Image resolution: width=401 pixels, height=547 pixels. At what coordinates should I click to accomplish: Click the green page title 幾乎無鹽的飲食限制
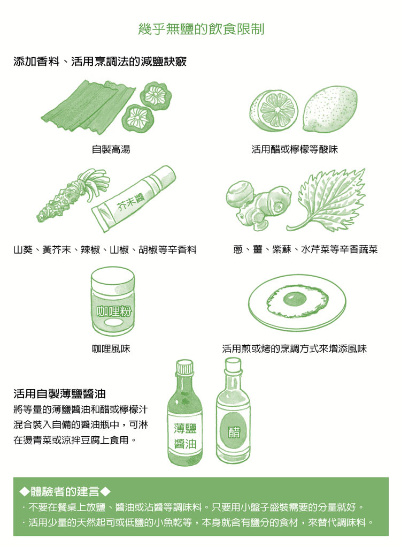[201, 29]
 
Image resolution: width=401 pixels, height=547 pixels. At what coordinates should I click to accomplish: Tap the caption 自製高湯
[111, 150]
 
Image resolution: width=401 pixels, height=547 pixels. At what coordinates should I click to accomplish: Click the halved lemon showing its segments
[274, 110]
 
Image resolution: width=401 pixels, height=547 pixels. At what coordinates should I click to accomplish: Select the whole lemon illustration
[330, 109]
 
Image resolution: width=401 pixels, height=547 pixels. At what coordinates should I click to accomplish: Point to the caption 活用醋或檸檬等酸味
[295, 150]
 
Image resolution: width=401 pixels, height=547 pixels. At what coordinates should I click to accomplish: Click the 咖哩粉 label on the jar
[113, 311]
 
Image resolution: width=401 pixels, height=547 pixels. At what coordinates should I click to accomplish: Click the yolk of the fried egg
[295, 299]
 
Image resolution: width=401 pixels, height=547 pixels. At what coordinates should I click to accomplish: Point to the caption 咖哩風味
[111, 348]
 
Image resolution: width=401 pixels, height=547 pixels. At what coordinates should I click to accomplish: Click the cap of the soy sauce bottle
[184, 367]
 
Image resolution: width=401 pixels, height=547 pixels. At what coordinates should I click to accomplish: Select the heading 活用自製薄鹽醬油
[59, 394]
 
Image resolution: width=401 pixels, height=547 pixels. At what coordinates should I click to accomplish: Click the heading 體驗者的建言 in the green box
[65, 491]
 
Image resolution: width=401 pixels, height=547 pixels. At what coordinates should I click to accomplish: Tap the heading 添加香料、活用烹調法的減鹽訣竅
[100, 62]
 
